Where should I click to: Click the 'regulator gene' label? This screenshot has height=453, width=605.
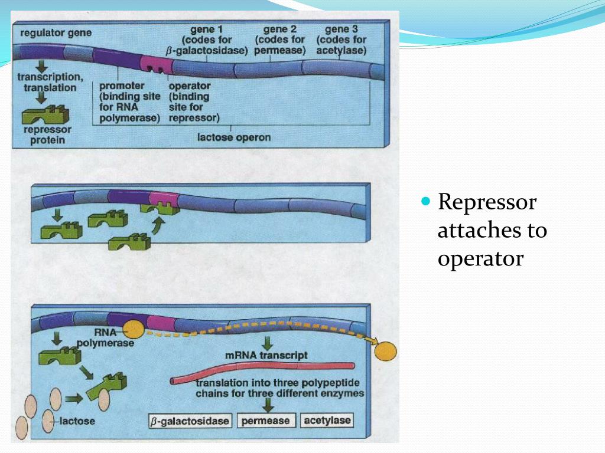(56, 32)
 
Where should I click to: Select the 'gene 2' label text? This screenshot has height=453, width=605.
(279, 29)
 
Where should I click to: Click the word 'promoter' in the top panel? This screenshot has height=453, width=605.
(122, 86)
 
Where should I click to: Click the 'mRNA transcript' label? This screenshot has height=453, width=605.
(266, 356)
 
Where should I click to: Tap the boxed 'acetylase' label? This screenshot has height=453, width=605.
(326, 421)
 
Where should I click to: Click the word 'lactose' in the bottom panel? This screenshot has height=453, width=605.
(78, 422)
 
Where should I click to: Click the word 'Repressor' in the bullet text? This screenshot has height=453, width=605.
(487, 202)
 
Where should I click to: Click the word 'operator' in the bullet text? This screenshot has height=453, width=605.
(480, 258)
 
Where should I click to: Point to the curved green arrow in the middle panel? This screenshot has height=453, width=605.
(157, 225)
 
